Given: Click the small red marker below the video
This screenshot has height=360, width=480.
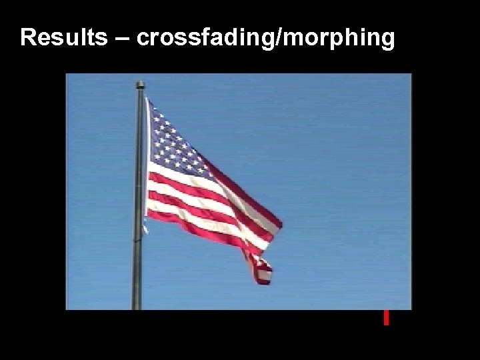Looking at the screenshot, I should (385, 318).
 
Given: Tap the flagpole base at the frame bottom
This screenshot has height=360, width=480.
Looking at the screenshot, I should (137, 305).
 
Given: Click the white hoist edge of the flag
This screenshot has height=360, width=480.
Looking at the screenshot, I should (148, 160).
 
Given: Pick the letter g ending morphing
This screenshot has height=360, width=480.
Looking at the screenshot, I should (386, 41).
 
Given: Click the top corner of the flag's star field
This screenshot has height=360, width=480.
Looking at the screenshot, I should (149, 101).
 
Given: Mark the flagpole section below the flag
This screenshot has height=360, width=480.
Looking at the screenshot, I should (137, 267).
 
